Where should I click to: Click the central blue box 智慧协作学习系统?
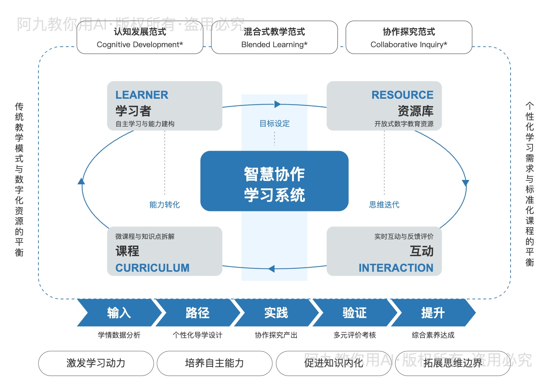[274, 181]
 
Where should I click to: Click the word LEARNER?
[142, 95]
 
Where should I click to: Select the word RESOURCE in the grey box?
[402, 95]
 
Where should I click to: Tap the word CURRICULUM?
[152, 268]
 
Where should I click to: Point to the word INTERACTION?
[396, 268]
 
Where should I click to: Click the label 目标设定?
[274, 124]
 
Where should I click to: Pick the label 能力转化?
[164, 204]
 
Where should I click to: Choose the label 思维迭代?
[384, 204]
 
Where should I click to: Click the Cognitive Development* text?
[140, 45]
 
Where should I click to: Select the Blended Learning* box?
[274, 38]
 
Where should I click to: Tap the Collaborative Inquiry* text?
[409, 45]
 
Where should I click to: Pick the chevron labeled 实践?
[276, 313]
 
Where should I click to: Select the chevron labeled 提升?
[433, 313]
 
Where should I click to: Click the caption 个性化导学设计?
[197, 335]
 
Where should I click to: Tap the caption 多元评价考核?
[355, 335]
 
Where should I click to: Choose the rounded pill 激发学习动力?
[96, 363]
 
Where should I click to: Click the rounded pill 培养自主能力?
[214, 363]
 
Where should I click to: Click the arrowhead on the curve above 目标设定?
[277, 104]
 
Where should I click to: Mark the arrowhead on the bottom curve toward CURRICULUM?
[271, 269]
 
